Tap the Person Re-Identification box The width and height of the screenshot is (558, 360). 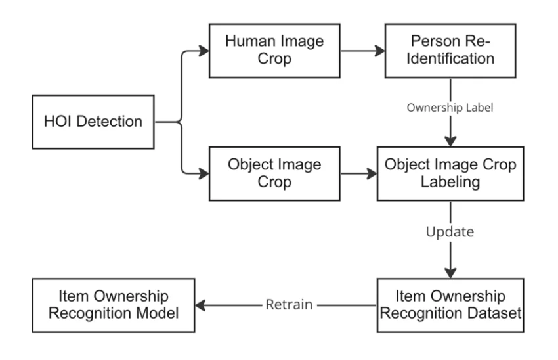tap(450, 49)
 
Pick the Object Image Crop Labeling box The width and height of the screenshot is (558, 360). tap(450, 174)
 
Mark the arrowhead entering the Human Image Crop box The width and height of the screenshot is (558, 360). tap(205, 49)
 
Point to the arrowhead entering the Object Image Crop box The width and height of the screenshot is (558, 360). tap(205, 174)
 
